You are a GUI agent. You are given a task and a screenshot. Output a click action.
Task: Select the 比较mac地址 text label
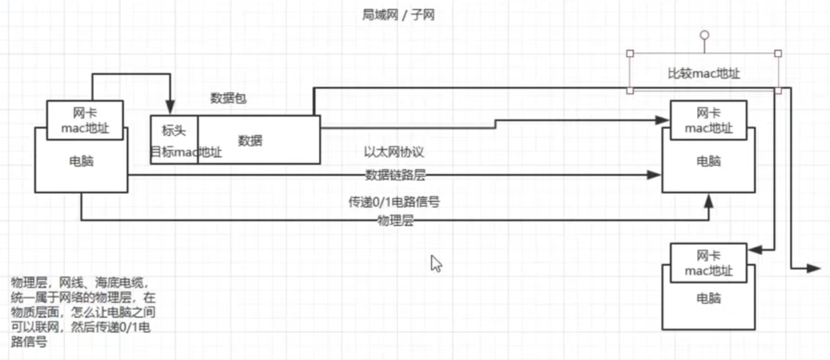click(x=703, y=73)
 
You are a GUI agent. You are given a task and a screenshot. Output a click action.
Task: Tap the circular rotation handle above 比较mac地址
click(x=704, y=35)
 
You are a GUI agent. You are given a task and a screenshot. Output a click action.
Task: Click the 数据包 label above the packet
click(x=228, y=99)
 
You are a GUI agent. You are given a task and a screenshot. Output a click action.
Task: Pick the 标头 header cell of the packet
click(x=174, y=131)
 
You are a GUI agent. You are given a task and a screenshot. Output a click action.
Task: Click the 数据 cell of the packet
click(x=250, y=140)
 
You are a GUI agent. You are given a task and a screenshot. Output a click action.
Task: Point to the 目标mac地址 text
click(x=186, y=152)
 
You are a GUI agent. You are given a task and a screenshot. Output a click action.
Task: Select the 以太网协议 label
click(x=393, y=152)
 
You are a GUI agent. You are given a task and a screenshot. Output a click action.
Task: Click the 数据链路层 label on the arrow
click(x=395, y=175)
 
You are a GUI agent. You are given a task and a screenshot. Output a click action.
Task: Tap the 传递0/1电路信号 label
click(x=394, y=202)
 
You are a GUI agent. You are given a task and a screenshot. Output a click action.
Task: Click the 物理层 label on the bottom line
click(x=395, y=221)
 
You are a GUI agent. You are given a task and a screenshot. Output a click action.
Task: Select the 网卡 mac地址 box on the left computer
click(x=85, y=120)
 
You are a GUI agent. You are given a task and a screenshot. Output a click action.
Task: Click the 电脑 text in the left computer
click(x=81, y=162)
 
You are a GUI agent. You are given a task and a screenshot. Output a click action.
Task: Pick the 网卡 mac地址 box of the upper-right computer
click(x=708, y=120)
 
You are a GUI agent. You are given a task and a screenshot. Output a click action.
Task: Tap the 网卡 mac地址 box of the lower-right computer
click(x=708, y=263)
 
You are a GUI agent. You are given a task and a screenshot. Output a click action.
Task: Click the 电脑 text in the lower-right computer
click(x=708, y=299)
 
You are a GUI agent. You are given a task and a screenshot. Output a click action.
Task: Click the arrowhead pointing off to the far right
click(x=815, y=268)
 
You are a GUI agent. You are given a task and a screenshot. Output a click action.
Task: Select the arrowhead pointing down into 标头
click(x=170, y=108)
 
